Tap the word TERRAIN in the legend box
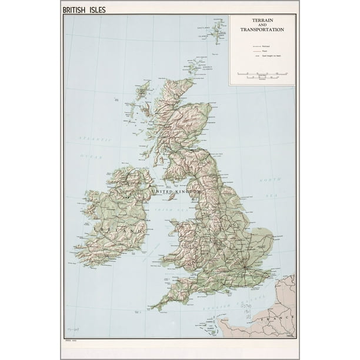click(262, 21)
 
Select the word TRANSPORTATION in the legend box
click(262, 29)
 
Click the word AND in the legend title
click(262, 25)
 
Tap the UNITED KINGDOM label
click(176, 192)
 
